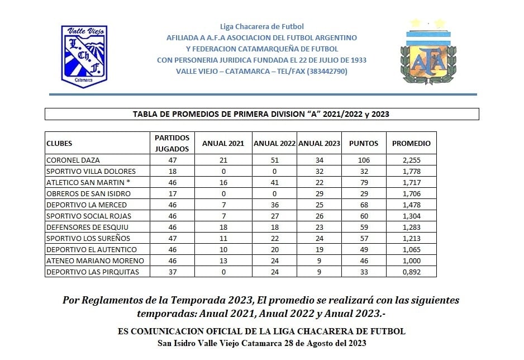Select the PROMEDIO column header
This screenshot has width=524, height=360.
[x=411, y=143]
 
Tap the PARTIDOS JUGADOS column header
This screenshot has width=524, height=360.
[x=172, y=143]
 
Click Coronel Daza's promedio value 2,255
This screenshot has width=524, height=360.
[x=411, y=160]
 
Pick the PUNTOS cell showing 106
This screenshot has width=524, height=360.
[x=364, y=160]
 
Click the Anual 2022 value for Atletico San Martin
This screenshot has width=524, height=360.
[x=274, y=182]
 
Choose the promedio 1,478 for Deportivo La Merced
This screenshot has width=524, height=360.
[x=411, y=205]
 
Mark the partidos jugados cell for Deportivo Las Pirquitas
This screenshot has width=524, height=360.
[x=172, y=272]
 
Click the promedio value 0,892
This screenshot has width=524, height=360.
[x=411, y=272]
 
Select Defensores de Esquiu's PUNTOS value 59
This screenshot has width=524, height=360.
[x=364, y=227]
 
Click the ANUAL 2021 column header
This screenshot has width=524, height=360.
[x=223, y=143]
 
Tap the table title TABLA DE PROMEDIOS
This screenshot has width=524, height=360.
[x=261, y=114]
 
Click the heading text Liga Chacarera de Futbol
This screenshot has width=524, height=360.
[x=262, y=26]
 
